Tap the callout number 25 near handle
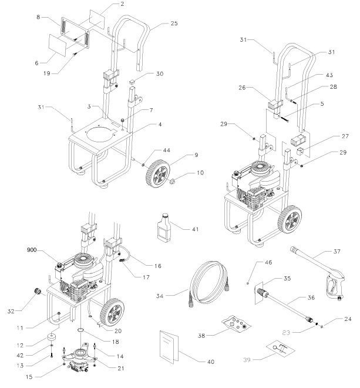point(173,23)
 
